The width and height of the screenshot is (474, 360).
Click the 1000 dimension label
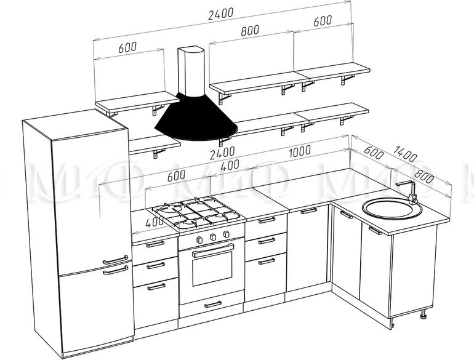pos(300,151)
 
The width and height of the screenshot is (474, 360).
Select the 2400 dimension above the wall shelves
pos(220,14)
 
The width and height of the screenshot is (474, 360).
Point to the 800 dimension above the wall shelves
pos(250,30)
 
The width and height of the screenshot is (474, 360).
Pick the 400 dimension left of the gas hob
pos(154,223)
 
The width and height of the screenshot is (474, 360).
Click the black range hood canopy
pos(196,118)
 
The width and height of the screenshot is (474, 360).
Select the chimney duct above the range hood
pos(191,71)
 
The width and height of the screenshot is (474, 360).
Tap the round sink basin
pos(392,208)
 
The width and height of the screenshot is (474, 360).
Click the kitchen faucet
pos(408,192)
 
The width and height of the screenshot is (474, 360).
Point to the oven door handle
pos(213,250)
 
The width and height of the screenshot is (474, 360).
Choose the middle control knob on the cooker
pos(213,236)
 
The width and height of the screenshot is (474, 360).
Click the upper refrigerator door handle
pos(115,260)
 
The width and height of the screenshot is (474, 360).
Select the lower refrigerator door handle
pos(115,270)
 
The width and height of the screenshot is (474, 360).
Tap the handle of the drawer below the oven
pos(213,305)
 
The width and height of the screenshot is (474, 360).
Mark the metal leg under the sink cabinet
pos(423,314)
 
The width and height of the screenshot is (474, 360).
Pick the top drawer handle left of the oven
pos(155,244)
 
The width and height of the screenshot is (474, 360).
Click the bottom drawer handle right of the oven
pos(267,261)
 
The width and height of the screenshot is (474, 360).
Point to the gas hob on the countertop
pos(196,212)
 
